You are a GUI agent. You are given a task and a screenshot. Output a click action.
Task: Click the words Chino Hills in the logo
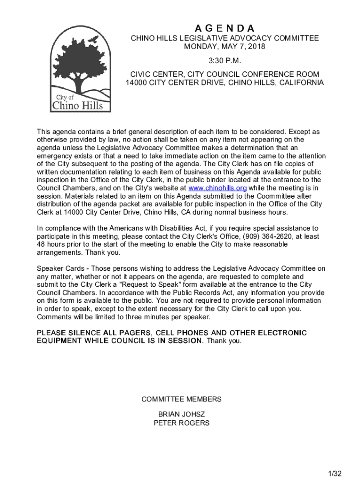pyautogui.click(x=77, y=105)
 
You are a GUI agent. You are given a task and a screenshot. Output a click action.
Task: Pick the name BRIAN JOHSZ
pyautogui.click(x=181, y=414)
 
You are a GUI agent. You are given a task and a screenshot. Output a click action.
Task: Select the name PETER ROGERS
pyautogui.click(x=181, y=423)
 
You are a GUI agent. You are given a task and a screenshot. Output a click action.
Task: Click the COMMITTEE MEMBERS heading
pyautogui.click(x=181, y=399)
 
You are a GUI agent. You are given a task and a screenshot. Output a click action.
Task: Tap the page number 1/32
pyautogui.click(x=335, y=473)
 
